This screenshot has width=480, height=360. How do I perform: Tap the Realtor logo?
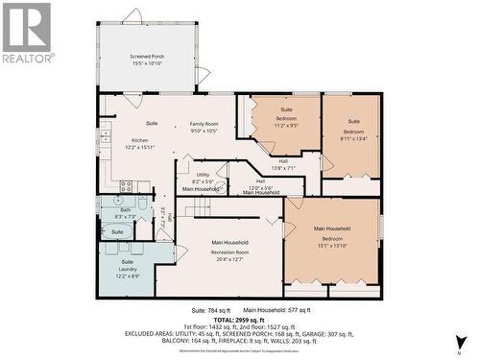(26, 33)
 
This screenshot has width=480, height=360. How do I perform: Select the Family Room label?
(204, 124)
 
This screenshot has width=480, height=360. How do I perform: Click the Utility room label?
(202, 174)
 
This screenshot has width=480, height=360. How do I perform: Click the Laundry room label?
(128, 270)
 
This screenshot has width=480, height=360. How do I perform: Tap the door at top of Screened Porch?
(132, 16)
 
